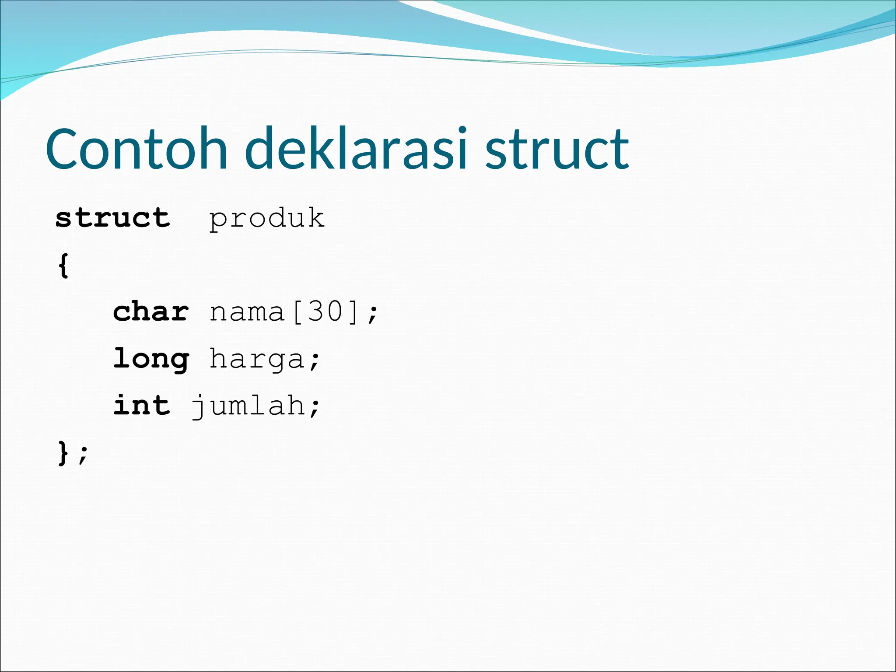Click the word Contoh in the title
136,149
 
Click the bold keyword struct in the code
112,218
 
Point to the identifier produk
266,218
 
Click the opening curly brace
63,265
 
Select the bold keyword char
151,312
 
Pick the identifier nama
247,312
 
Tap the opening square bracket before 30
297,312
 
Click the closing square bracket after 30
353,312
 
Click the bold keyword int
141,405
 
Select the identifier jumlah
248,406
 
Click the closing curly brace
63,453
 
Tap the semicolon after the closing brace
83,454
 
